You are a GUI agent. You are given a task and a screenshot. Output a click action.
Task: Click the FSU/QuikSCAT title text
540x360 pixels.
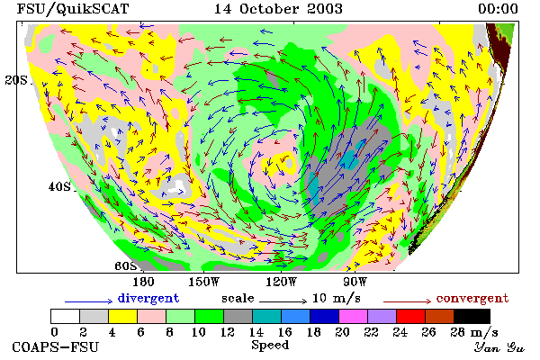coord(73,9)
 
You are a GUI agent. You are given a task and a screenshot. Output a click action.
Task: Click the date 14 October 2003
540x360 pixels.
coord(278,9)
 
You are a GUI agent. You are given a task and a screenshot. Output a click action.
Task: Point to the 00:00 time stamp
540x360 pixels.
coord(498,9)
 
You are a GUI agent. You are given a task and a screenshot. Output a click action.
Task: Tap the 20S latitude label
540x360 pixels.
coord(16,80)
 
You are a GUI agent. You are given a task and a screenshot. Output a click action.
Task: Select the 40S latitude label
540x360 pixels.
coord(59,186)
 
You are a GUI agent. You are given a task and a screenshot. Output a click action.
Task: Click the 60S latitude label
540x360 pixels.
coord(125,265)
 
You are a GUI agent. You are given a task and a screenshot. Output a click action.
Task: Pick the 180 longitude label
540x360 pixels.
coord(143,282)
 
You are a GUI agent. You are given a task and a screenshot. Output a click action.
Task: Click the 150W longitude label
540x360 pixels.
coord(203,282)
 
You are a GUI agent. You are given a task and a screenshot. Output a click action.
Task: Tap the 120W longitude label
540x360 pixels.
coord(281,282)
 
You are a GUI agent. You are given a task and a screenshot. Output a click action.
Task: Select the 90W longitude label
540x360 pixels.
coord(355,282)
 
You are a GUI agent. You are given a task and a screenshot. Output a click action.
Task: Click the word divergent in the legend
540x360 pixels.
coord(148,298)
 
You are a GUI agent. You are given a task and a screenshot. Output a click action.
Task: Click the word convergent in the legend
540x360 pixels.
coord(472,298)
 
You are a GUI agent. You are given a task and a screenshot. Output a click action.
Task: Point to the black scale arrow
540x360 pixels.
coord(283,301)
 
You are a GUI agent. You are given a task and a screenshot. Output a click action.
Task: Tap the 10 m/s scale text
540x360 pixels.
coord(337,298)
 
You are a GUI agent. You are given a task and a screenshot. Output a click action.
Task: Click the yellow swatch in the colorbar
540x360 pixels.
coord(122,316)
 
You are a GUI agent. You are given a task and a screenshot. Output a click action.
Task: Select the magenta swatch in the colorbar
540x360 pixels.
coord(353,316)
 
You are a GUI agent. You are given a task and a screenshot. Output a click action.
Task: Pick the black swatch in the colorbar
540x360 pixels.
coord(472,316)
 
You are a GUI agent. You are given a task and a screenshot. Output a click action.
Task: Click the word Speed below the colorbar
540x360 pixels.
coord(270,346)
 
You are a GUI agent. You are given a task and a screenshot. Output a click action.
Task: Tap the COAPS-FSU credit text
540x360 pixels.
coord(55,346)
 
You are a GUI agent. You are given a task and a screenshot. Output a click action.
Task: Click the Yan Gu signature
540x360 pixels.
coord(499,347)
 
